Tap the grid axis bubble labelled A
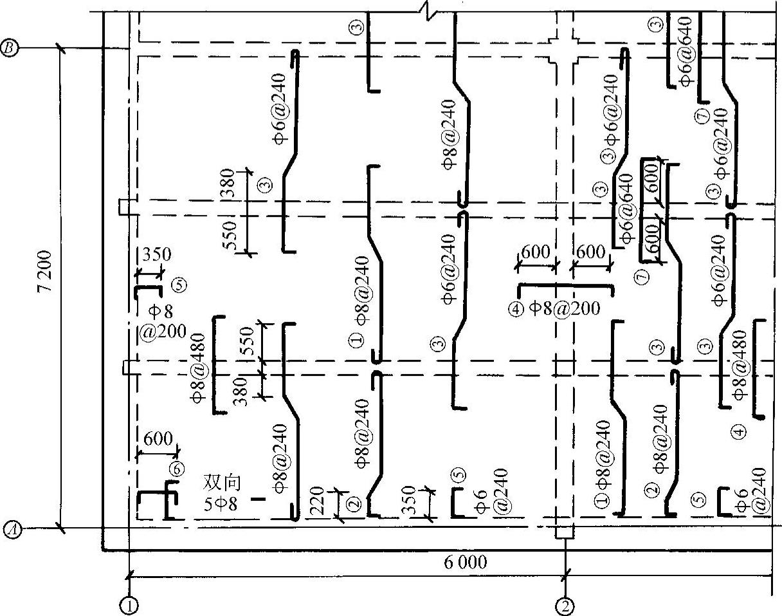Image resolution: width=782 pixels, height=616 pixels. [x=12, y=530]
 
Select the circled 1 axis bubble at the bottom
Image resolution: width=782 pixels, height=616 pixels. [x=129, y=606]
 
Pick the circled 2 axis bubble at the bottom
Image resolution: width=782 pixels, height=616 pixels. [x=565, y=606]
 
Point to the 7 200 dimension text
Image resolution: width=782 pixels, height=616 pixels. [x=45, y=271]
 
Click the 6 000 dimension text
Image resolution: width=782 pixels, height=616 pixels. [x=466, y=562]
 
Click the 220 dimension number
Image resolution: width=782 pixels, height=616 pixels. [x=318, y=500]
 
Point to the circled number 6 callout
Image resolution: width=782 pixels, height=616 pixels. [x=177, y=469]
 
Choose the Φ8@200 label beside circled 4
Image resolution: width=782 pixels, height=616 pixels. [x=564, y=308]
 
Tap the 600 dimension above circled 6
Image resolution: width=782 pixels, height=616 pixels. [x=158, y=439]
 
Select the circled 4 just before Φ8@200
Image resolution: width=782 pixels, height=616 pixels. [x=516, y=310]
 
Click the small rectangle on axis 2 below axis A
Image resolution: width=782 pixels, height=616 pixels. [x=565, y=532]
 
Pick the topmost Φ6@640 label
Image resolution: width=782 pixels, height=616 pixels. [x=686, y=51]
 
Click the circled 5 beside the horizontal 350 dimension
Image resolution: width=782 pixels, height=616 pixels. [x=179, y=285]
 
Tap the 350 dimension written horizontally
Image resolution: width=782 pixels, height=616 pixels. [x=156, y=255]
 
